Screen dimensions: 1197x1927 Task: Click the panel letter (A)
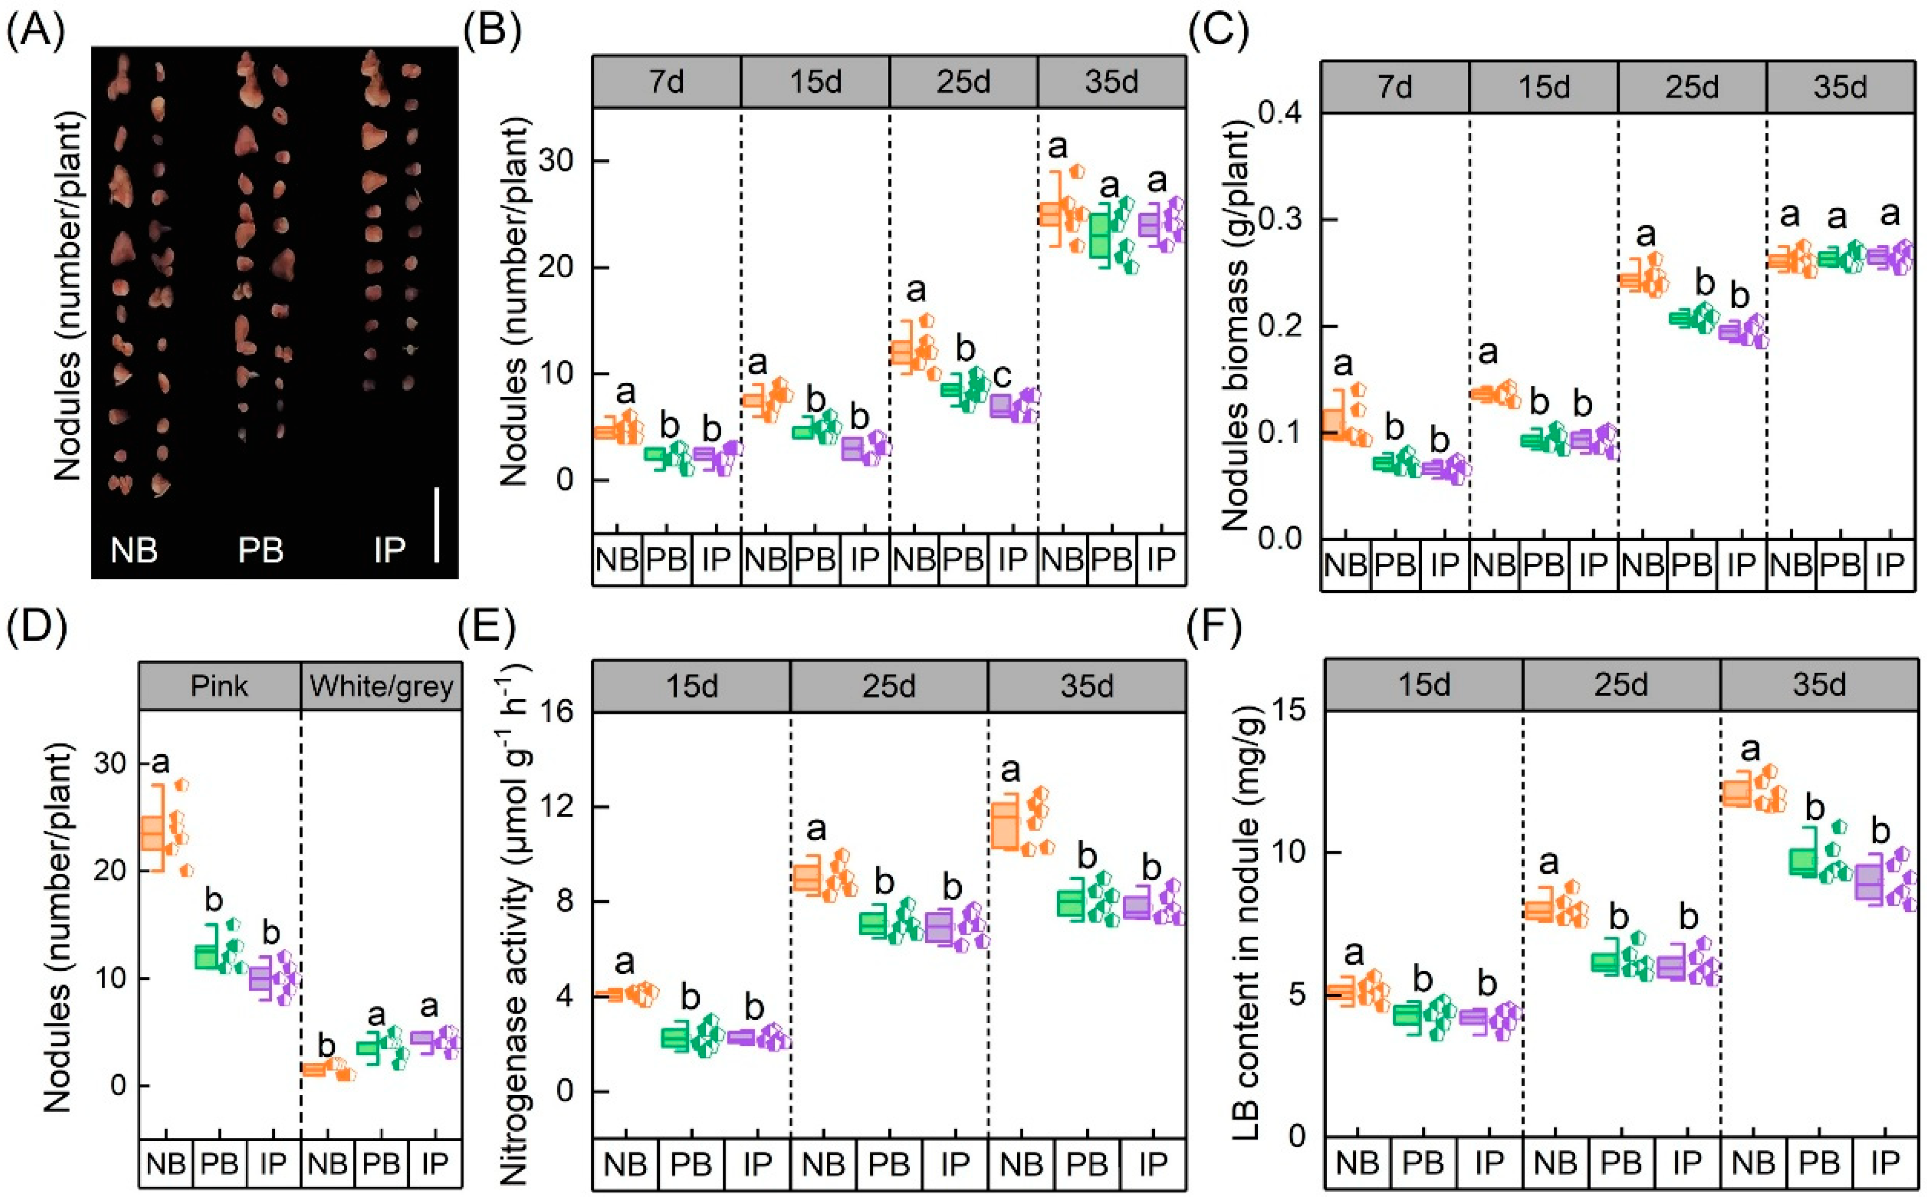(36, 32)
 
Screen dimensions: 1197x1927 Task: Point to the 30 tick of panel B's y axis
(556, 161)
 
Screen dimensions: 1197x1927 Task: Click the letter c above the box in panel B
(1001, 375)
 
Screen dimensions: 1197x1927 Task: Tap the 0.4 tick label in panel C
(1280, 113)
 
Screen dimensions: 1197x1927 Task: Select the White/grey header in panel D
(381, 686)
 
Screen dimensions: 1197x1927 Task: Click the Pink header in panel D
(219, 686)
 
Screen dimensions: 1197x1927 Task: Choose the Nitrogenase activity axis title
(515, 922)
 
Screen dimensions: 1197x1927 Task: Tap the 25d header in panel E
(889, 686)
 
